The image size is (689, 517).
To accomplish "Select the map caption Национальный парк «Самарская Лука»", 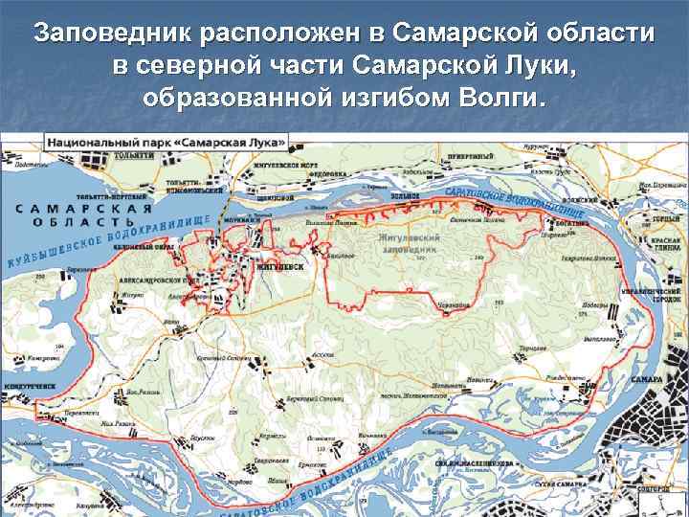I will tap(166, 141).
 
